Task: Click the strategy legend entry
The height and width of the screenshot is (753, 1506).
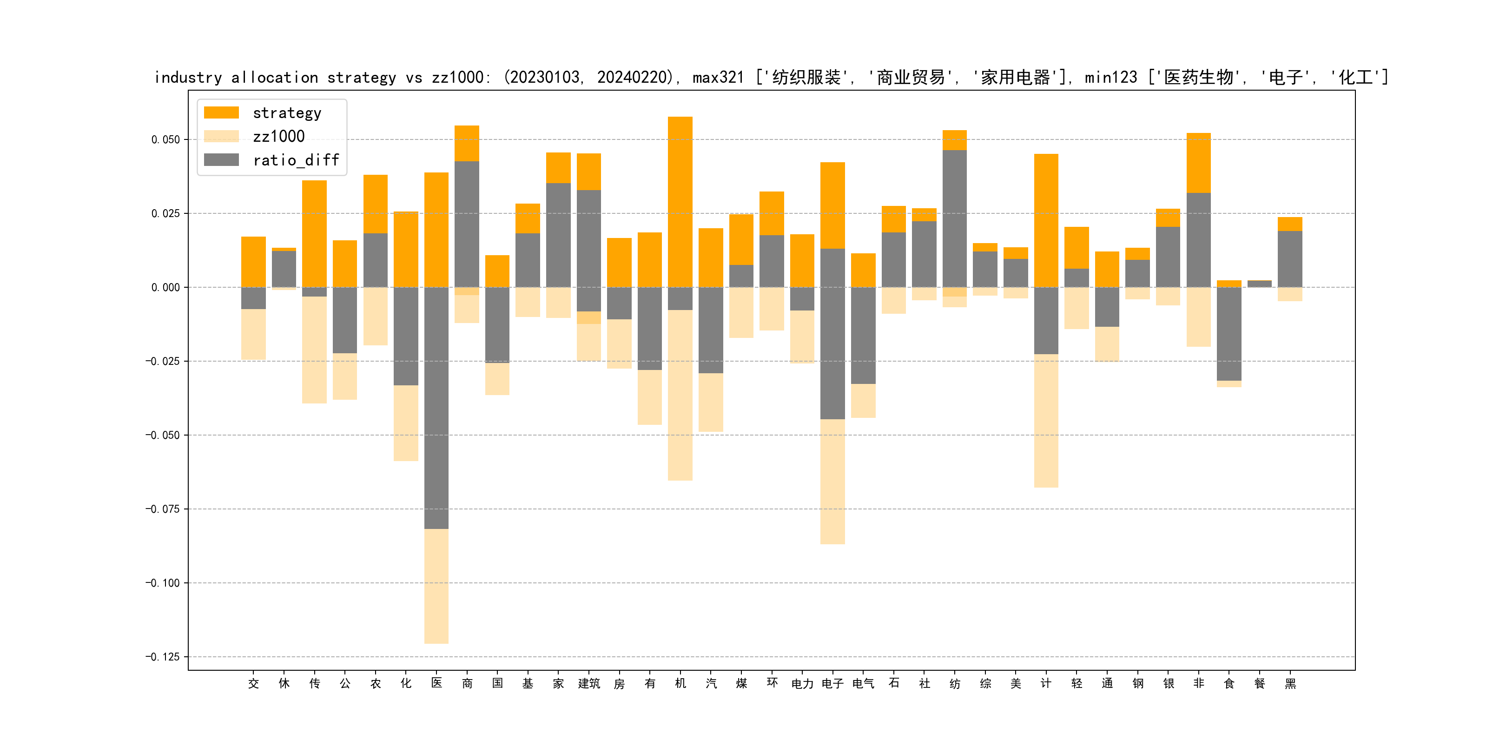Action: point(286,113)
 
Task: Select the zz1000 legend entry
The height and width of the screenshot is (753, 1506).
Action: point(278,137)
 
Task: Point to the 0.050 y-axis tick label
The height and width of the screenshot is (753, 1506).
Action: point(165,140)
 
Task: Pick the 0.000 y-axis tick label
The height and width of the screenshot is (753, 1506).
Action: point(165,288)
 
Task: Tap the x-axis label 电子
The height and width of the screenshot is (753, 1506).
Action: point(832,683)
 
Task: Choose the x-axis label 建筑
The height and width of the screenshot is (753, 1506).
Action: point(589,683)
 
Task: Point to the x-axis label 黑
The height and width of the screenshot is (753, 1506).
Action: point(1290,683)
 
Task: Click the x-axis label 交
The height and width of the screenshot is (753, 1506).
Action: point(253,683)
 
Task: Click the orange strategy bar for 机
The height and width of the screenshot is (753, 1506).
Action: point(680,199)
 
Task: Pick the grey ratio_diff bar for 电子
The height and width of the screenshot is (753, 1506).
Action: point(832,334)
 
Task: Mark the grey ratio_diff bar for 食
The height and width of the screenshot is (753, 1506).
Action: point(1229,334)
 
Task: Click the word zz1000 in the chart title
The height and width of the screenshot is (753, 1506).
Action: point(458,78)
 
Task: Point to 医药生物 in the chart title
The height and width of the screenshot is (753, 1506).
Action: point(1198,78)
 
